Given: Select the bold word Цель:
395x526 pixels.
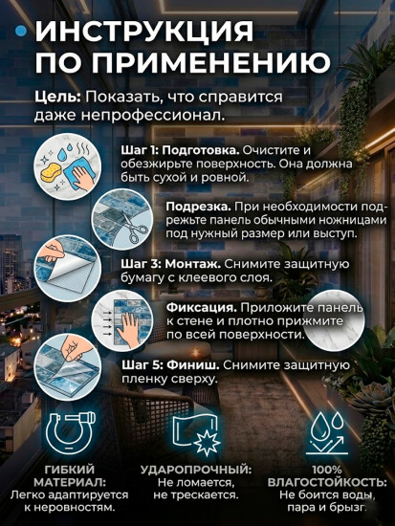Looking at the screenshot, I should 56,99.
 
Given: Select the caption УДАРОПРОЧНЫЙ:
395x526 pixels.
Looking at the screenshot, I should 196,471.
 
